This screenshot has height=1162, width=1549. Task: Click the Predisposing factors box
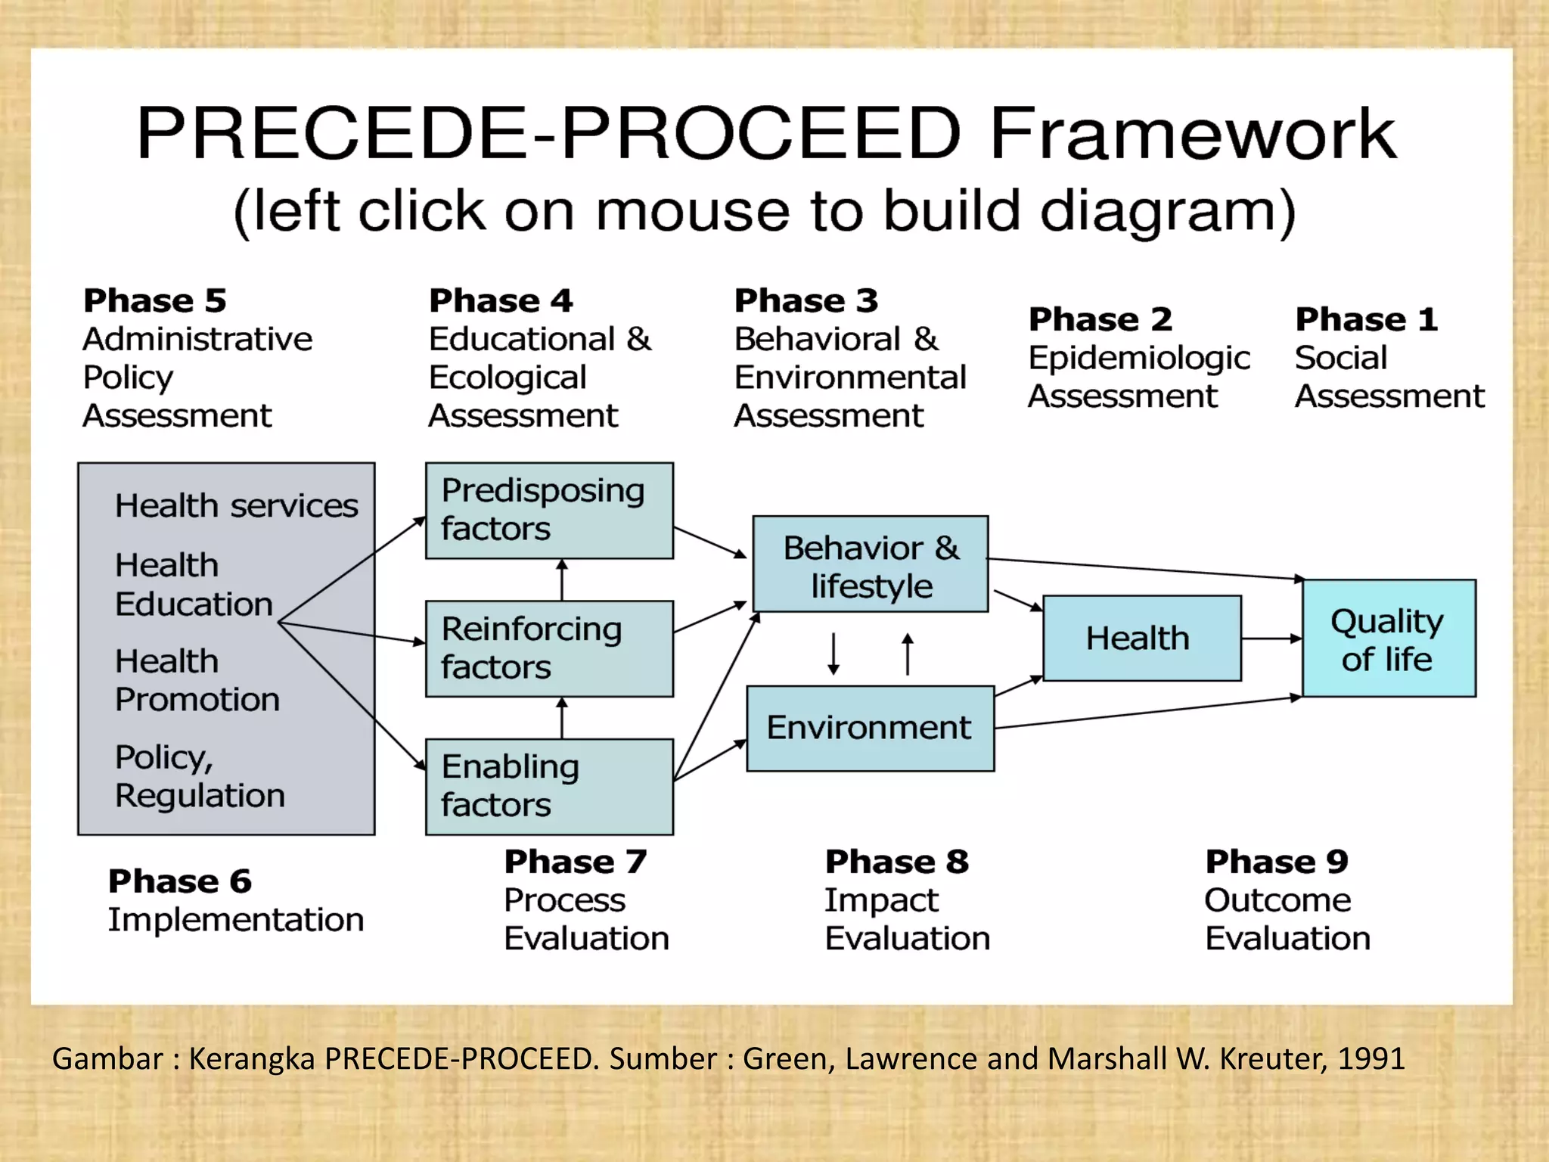[549, 511]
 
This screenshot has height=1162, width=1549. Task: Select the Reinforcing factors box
[549, 648]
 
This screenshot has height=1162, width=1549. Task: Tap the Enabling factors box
[549, 787]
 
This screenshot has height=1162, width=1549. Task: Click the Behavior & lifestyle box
[871, 564]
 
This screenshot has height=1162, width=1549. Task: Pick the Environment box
[870, 729]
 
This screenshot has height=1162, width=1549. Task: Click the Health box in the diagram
[1141, 638]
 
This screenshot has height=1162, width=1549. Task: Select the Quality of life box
[1388, 639]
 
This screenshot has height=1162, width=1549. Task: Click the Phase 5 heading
[155, 301]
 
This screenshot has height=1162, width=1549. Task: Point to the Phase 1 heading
[1366, 319]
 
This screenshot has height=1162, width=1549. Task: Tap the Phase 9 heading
[1277, 862]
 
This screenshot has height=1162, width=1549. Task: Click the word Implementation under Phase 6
[236, 920]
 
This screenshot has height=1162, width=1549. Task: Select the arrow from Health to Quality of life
[1271, 638]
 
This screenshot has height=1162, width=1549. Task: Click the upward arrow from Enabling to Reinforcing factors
[561, 717]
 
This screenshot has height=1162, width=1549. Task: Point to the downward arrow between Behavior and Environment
[833, 653]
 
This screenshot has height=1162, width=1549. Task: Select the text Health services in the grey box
[236, 505]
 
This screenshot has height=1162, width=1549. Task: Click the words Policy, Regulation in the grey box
[200, 776]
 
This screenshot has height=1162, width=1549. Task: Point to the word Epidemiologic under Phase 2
[1139, 358]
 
